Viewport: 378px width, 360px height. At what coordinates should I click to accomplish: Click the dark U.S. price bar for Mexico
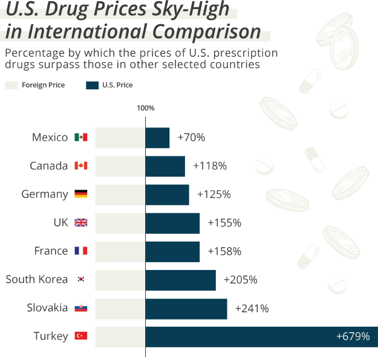point(157,138)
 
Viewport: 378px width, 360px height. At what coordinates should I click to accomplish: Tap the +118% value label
point(210,166)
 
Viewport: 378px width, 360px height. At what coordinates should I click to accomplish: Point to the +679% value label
point(353,336)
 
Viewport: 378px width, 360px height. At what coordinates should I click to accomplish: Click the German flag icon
point(80,194)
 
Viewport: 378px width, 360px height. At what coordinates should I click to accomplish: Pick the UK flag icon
point(80,223)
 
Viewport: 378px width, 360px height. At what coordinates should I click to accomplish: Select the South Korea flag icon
point(80,280)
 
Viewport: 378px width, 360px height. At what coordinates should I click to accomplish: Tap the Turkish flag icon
point(80,336)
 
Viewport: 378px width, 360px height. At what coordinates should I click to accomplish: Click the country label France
point(51,251)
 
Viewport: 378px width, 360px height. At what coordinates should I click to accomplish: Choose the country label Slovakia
point(47,308)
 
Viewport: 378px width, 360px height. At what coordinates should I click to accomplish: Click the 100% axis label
point(146,108)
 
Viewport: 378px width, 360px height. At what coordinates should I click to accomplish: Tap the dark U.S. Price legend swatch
point(92,85)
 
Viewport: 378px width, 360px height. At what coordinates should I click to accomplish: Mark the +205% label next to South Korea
point(241,280)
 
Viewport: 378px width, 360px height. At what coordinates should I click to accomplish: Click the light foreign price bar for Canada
point(120,166)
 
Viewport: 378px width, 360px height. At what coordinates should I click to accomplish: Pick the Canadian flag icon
point(80,166)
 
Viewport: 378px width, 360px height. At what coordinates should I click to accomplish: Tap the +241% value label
point(252,308)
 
